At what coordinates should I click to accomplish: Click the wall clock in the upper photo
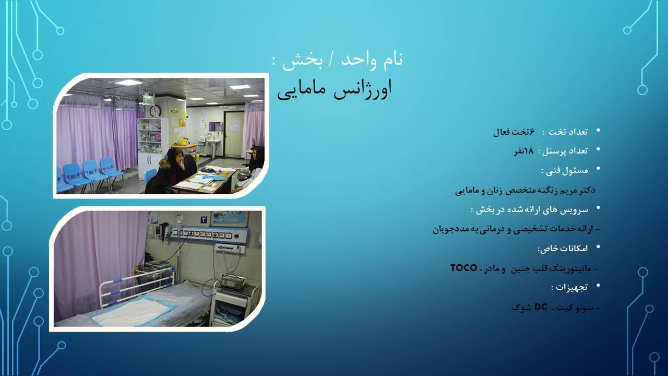tap(155, 111)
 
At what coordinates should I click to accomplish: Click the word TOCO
tap(464, 268)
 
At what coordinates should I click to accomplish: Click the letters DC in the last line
tap(540, 307)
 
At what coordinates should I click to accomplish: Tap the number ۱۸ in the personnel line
tap(527, 151)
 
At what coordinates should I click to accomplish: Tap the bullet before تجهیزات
tap(599, 286)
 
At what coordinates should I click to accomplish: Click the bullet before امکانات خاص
tap(599, 246)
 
